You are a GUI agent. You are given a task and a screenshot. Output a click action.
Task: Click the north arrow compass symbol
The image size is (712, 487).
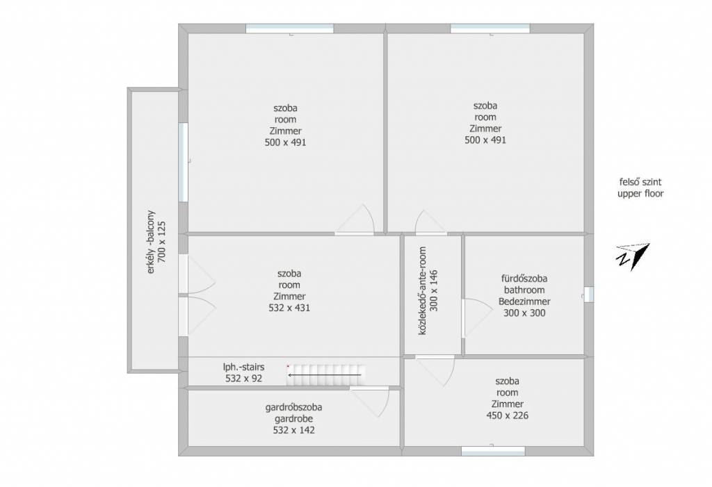(x=633, y=256)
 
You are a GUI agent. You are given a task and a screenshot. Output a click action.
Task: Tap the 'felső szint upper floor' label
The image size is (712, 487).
(x=640, y=188)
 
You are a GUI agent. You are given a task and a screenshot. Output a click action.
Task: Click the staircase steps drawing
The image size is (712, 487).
(x=326, y=375)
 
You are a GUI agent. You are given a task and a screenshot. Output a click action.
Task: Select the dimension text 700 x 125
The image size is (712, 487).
(x=161, y=242)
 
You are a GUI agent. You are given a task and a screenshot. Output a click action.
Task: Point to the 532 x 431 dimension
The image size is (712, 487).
(x=289, y=308)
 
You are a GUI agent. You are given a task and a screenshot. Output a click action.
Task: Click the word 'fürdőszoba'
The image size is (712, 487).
(x=524, y=278)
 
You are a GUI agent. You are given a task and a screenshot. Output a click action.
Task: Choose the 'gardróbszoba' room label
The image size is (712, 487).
(x=294, y=407)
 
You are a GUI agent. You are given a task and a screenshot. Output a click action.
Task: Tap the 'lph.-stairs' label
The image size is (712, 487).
(x=244, y=367)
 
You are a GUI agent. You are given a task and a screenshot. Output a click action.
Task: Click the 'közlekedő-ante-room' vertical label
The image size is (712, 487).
(x=423, y=291)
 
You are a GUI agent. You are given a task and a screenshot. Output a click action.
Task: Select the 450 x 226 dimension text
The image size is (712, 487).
(x=507, y=415)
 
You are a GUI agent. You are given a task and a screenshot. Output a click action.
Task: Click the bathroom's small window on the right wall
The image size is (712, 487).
(x=588, y=294)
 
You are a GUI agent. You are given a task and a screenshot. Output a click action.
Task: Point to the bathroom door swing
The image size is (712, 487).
(x=477, y=318)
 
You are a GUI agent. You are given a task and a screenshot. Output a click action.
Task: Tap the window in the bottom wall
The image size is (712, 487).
(x=493, y=451)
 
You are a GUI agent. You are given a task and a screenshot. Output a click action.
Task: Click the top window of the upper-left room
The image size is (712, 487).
(x=290, y=28)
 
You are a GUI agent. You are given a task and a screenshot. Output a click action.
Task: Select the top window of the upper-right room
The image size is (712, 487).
(x=490, y=28)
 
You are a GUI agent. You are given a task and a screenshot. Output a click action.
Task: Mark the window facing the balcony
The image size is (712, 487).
(x=183, y=162)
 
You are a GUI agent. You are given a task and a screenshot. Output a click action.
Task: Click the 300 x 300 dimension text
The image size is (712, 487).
(x=524, y=313)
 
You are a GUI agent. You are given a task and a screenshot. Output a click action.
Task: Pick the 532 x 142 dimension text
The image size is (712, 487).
(x=294, y=430)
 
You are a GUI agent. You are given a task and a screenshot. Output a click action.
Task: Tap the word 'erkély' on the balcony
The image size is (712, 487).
(x=151, y=261)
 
